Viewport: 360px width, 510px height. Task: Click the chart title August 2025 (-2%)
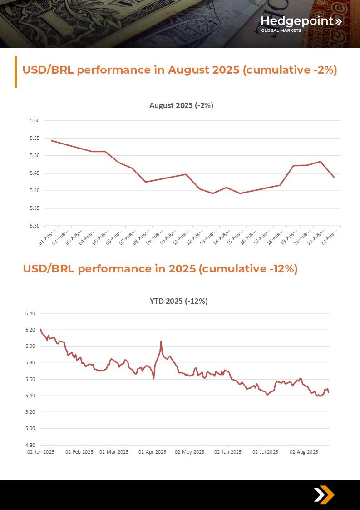tap(181, 105)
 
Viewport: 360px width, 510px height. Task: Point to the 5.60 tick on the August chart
tap(35, 121)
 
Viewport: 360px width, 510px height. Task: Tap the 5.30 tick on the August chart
tap(35, 226)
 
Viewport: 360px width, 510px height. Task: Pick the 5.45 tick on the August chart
tap(35, 173)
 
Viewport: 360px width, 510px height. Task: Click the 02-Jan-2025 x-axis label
tap(41, 452)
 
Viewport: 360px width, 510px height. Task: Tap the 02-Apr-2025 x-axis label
tap(152, 452)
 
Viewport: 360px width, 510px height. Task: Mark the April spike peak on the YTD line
tap(161, 341)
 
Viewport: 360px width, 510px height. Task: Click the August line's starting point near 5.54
tap(51, 141)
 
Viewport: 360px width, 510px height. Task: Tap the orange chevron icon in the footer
tap(324, 495)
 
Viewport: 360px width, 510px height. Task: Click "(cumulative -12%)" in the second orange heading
tap(248, 269)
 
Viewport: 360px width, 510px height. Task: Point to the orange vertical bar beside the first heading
tap(15, 71)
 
